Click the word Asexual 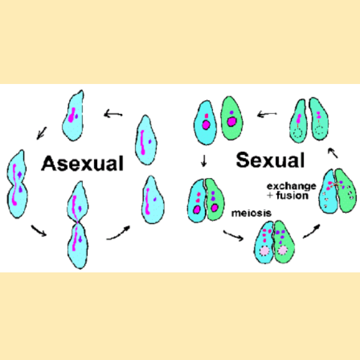(82, 163)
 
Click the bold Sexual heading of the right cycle (269, 160)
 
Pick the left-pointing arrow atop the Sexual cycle (266, 112)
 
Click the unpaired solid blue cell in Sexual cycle (205, 121)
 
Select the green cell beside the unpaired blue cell (232, 120)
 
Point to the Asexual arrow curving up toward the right (118, 234)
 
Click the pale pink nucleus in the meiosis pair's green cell (282, 250)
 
